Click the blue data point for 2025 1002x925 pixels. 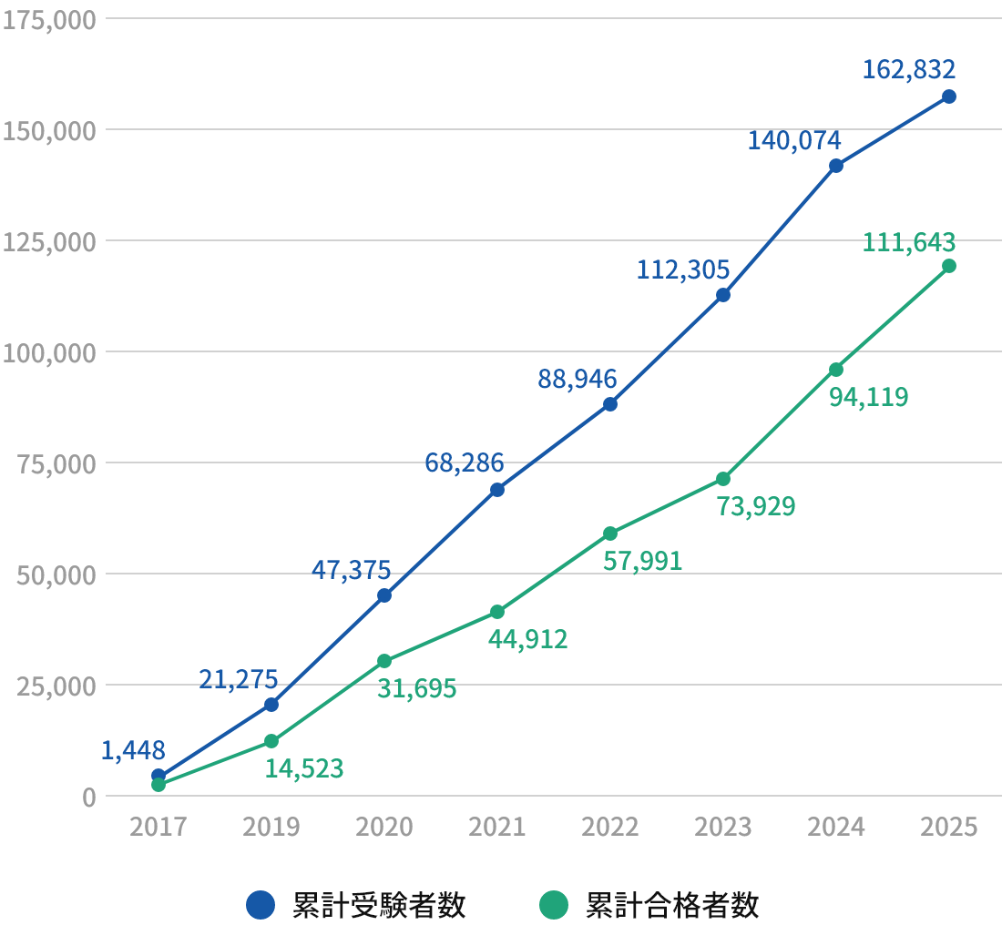pyautogui.click(x=948, y=97)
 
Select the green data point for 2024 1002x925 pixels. pyautogui.click(x=835, y=370)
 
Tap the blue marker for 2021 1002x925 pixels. pyautogui.click(x=496, y=490)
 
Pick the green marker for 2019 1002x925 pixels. pyautogui.click(x=271, y=741)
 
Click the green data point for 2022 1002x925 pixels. pyautogui.click(x=609, y=534)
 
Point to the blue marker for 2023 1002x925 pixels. pyautogui.click(x=722, y=295)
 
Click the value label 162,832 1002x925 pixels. pyautogui.click(x=908, y=69)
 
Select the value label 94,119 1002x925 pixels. pyautogui.click(x=868, y=397)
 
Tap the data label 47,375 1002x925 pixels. pyautogui.click(x=351, y=570)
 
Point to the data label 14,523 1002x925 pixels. pyautogui.click(x=304, y=768)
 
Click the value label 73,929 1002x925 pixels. pyautogui.click(x=755, y=506)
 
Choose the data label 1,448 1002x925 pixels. pyautogui.click(x=133, y=750)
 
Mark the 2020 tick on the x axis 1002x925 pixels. pyautogui.click(x=383, y=827)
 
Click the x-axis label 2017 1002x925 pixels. pyautogui.click(x=158, y=827)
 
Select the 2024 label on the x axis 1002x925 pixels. pyautogui.click(x=835, y=827)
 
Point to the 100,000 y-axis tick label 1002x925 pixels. pyautogui.click(x=49, y=352)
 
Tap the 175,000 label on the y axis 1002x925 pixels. pyautogui.click(x=49, y=19)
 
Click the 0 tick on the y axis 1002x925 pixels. pyautogui.click(x=88, y=797)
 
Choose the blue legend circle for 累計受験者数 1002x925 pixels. pyautogui.click(x=261, y=905)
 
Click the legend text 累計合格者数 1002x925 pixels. pyautogui.click(x=671, y=905)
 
